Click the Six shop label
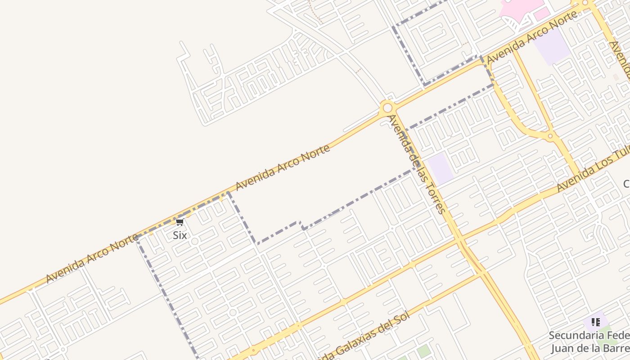tap(180, 235)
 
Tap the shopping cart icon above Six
tap(180, 222)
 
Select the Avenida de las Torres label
tap(417, 164)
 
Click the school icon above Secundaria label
tap(596, 322)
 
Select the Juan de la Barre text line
tap(589, 348)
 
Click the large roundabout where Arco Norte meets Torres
tap(387, 108)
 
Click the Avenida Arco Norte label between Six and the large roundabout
tap(283, 166)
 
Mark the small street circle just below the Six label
tap(194, 242)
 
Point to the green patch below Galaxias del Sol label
tap(423, 351)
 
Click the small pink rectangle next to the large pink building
tap(542, 14)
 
